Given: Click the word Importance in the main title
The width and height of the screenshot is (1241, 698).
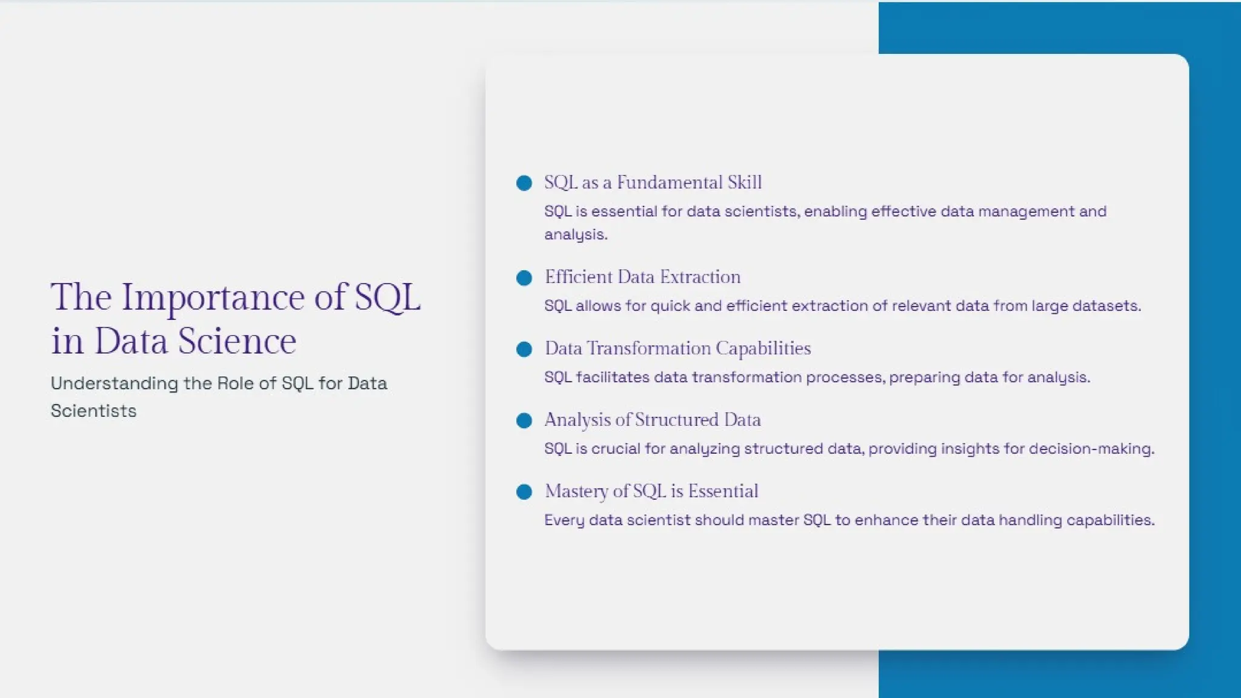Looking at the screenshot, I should (x=213, y=298).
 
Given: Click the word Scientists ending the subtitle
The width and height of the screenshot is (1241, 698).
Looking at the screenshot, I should (x=93, y=411).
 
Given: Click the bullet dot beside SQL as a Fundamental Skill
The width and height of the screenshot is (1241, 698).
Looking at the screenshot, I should (x=524, y=183).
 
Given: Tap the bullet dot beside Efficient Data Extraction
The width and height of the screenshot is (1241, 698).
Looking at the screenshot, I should (x=524, y=278).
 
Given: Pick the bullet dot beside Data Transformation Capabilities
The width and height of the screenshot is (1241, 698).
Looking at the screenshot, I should (x=524, y=350).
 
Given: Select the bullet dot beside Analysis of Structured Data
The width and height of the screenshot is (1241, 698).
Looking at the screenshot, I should (x=524, y=420).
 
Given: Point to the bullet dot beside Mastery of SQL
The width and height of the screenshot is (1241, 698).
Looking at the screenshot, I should (x=524, y=492).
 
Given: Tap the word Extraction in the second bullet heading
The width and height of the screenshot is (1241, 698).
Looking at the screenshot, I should (x=700, y=278).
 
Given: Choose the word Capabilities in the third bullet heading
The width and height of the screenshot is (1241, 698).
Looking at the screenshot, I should (x=763, y=348).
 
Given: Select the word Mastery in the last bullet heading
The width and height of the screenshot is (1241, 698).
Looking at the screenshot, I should (x=576, y=491).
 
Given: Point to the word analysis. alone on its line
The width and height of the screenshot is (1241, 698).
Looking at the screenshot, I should (x=576, y=234).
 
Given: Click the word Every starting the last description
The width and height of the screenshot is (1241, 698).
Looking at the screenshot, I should (x=564, y=520).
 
